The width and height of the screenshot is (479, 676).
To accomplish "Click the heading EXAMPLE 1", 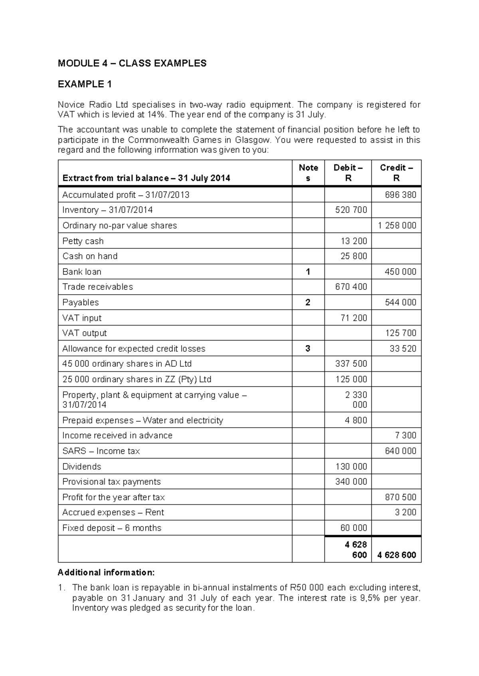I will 85,84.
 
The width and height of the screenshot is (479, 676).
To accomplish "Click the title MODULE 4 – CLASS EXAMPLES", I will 132,63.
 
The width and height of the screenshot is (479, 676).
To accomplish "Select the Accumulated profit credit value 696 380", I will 400,195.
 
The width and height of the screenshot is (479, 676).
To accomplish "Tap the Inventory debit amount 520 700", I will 351,210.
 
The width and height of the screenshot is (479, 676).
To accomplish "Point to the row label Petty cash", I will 83,241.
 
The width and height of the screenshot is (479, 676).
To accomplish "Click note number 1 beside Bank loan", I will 308,272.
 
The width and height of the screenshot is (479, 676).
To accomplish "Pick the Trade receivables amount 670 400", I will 351,287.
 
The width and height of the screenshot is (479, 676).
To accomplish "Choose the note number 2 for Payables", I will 308,303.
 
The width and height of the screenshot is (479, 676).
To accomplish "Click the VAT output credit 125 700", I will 400,333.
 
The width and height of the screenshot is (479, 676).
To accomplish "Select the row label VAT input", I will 82,318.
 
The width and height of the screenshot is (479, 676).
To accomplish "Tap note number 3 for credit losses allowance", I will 308,349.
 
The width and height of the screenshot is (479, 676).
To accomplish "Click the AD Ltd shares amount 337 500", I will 351,364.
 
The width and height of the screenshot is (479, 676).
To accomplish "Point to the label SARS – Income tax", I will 101,451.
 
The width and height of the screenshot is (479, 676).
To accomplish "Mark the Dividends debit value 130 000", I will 351,467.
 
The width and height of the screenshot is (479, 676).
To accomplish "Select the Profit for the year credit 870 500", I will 400,497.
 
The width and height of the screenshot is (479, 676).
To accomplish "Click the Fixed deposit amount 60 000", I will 353,528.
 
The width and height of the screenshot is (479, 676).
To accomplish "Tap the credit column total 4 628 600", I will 396,555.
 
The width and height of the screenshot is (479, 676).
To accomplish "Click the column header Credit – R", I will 396,173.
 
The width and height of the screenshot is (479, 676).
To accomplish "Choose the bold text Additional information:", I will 106,573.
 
